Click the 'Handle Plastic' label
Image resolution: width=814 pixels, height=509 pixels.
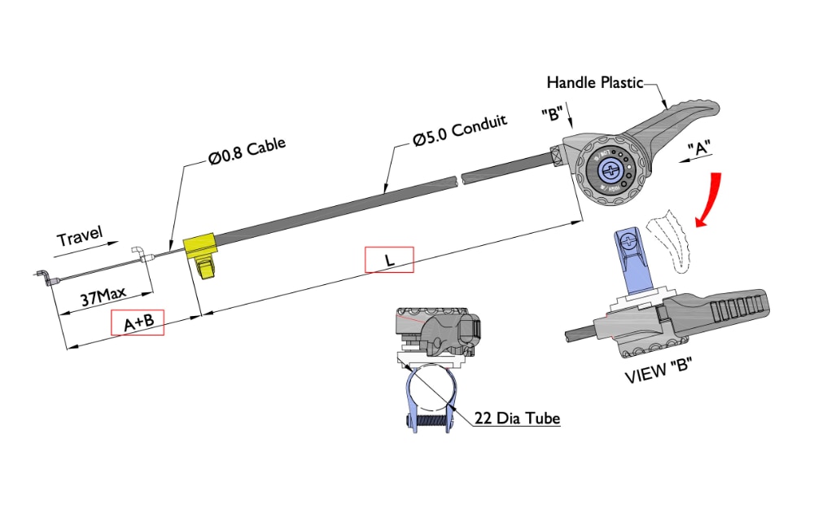click(x=594, y=82)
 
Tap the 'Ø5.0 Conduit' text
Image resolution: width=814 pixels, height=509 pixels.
click(x=460, y=130)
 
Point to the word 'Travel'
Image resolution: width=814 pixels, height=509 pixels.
click(x=80, y=237)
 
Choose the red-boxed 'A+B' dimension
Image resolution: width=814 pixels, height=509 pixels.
click(x=138, y=323)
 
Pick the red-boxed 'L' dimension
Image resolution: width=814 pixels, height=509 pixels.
click(x=389, y=260)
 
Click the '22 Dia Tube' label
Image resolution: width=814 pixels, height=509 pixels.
click(x=518, y=419)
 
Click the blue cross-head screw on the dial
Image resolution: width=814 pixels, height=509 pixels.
click(x=611, y=169)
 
